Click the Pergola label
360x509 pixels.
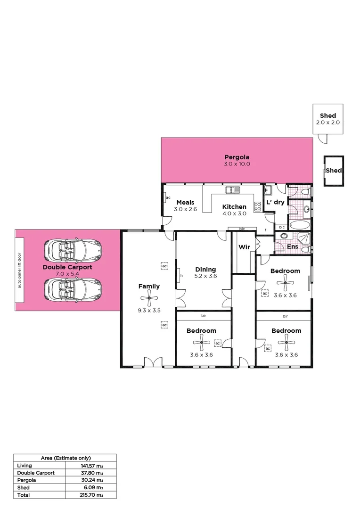[x=237, y=157]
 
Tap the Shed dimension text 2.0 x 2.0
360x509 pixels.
[x=328, y=123]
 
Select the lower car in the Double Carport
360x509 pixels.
[x=73, y=288]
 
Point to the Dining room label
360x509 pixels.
[x=205, y=269]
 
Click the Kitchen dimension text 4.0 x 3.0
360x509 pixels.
[x=234, y=213]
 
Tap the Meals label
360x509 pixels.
[x=185, y=203]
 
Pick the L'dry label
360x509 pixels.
[x=275, y=202]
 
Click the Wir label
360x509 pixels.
[x=244, y=247]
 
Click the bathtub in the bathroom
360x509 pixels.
[x=298, y=224]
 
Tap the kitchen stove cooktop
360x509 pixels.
[x=258, y=205]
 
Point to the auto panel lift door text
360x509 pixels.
[x=19, y=271]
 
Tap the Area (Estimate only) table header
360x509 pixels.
[x=66, y=458]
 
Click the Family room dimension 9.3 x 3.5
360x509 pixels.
[x=149, y=311]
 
